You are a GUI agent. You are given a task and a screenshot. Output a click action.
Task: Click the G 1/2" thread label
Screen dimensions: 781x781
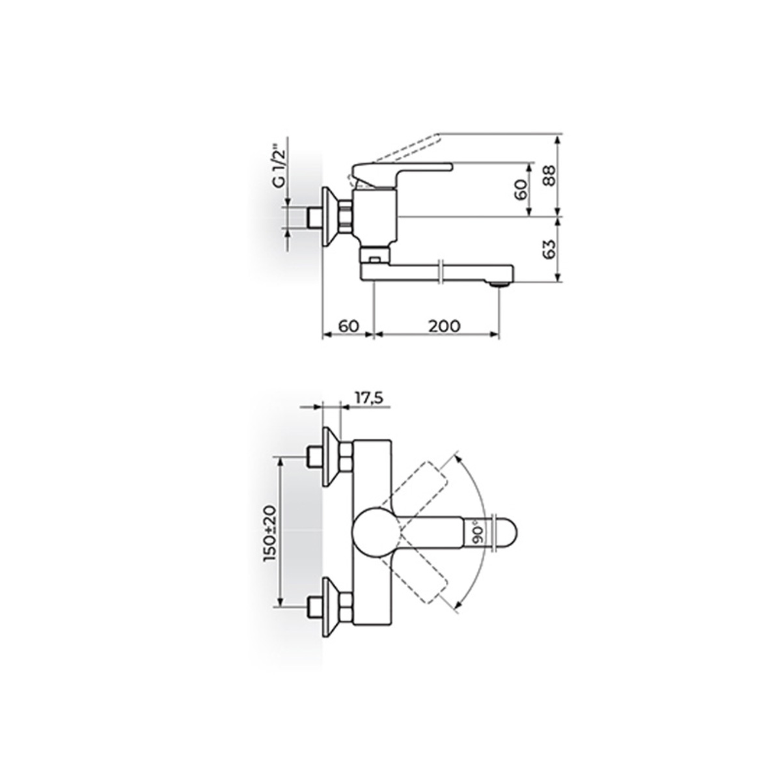280,168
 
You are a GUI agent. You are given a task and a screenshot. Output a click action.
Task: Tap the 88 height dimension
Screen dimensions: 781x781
549,175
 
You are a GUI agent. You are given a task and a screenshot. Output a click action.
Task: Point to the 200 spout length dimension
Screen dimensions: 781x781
445,325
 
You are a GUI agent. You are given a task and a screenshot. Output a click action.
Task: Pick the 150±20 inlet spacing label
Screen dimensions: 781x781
270,532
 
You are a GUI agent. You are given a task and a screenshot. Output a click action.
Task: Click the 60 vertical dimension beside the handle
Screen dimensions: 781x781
522,189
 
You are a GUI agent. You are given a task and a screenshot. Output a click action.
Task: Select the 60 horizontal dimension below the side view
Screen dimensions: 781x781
349,325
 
